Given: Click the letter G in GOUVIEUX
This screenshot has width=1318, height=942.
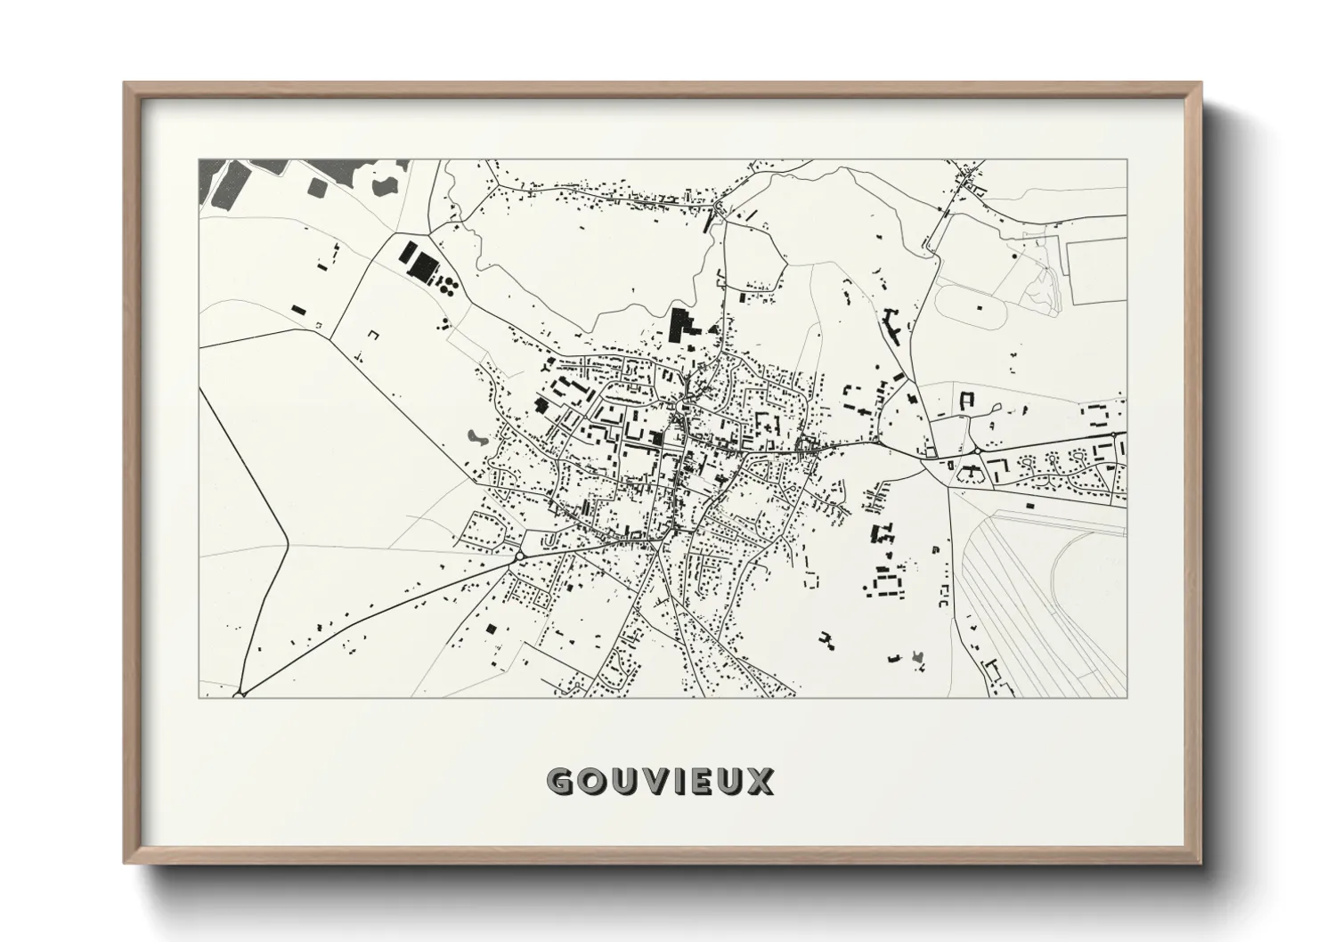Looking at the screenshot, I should pos(561,782).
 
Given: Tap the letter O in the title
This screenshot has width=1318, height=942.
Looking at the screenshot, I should pos(594,782).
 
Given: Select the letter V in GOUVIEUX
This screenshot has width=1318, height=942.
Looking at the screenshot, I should pos(660,782).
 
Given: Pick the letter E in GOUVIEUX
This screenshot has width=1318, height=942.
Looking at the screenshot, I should pos(707,782).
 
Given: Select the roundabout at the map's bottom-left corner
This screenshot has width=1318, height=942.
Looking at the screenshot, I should pos(240,692).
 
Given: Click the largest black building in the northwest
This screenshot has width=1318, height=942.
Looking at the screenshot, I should pos(422,264).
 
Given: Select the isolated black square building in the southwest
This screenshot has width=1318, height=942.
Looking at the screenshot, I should pos(490,629).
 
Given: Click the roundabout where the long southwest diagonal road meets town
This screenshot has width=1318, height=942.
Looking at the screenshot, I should pos(518,556).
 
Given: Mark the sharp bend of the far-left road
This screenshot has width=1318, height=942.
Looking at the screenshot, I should pos(288,540).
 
